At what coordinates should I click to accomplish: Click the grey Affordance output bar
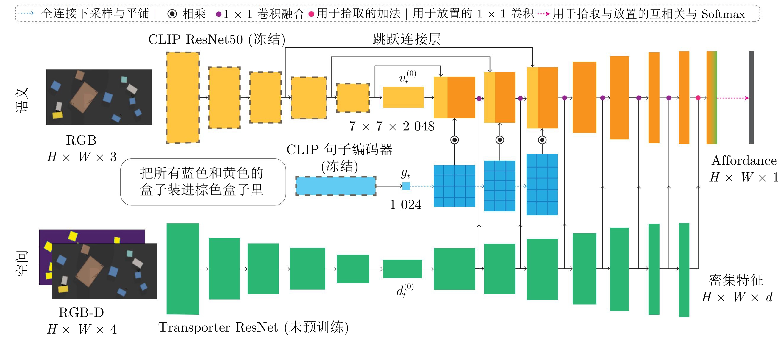[x=751, y=97]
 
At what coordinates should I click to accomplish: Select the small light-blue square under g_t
[x=406, y=186]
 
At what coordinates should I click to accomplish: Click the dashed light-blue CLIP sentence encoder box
[x=336, y=186]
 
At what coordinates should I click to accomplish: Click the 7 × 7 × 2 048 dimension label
[x=392, y=126]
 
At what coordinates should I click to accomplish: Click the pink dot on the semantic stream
[x=698, y=98]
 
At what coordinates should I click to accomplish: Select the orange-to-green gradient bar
[x=712, y=97]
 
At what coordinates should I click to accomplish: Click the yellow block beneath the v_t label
[x=403, y=97]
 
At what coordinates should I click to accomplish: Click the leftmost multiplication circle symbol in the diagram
[x=454, y=140]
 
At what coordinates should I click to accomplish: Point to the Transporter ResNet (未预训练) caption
[x=253, y=327]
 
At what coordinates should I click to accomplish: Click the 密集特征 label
[x=736, y=280]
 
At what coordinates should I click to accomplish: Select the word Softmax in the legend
[x=723, y=14]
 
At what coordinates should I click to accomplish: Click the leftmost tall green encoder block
[x=183, y=269]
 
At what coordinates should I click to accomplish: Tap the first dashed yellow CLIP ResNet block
[x=183, y=97]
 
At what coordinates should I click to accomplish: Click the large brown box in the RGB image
[x=84, y=96]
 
